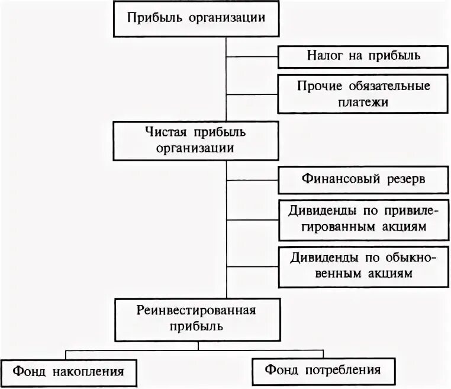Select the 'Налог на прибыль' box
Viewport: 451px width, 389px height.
363,56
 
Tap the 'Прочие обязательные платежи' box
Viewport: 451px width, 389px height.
363,94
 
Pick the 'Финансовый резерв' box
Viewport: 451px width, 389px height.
363,180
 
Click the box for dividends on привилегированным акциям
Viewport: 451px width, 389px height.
363,219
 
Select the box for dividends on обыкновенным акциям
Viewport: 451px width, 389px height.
363,266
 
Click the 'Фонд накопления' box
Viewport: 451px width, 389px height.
69,372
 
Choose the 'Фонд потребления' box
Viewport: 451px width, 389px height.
321,371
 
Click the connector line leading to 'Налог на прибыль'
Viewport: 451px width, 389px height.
252,57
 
